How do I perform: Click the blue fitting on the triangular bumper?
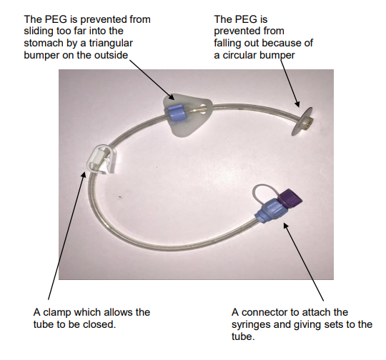[x=176, y=111]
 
